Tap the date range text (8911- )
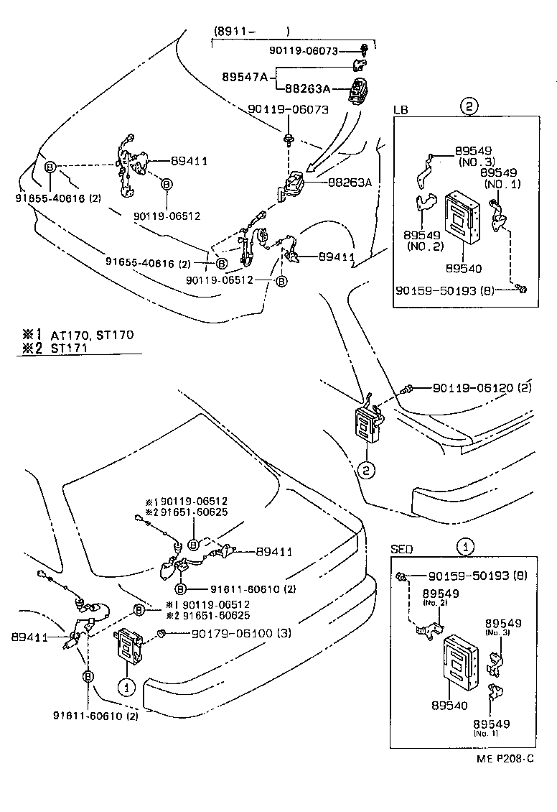(251, 32)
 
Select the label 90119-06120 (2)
(482, 388)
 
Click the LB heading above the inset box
(401, 109)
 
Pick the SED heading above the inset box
(402, 548)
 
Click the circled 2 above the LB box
(468, 107)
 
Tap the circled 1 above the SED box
(467, 547)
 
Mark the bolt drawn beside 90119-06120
(408, 388)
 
